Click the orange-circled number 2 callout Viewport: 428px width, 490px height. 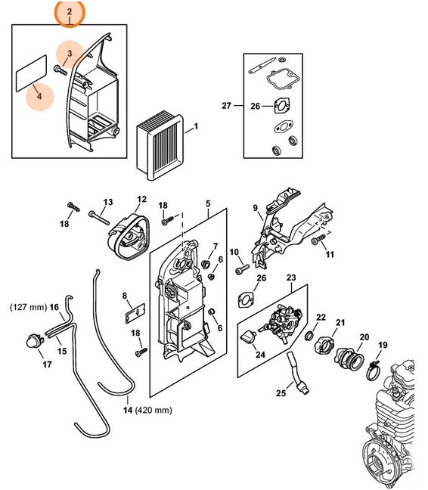click(70, 12)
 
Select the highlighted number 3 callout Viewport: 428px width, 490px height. click(69, 54)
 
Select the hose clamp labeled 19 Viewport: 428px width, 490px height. click(373, 371)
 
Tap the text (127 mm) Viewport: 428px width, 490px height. click(28, 308)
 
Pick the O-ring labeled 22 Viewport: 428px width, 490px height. click(311, 334)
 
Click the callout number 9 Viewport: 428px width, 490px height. click(255, 207)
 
